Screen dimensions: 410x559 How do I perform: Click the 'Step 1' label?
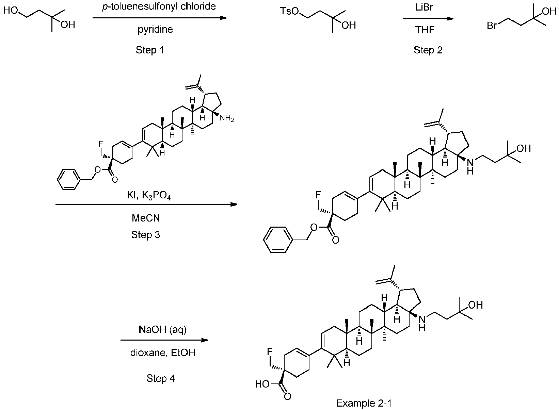pyautogui.click(x=150, y=50)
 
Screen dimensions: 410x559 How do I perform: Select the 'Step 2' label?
pyautogui.click(x=428, y=50)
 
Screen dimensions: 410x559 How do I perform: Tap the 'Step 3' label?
pyautogui.click(x=145, y=235)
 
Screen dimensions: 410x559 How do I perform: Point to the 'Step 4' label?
pyautogui.click(x=161, y=378)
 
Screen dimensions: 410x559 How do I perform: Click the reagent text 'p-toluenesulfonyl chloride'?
pyautogui.click(x=159, y=7)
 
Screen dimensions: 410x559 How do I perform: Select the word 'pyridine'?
pyautogui.click(x=155, y=30)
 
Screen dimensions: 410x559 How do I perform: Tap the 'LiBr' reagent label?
pyautogui.click(x=425, y=7)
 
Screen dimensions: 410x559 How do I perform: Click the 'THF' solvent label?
pyautogui.click(x=425, y=30)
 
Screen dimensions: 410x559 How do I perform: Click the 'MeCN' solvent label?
pyautogui.click(x=146, y=218)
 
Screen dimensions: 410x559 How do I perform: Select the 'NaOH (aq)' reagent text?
pyautogui.click(x=163, y=330)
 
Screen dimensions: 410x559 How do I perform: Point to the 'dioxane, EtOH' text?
pyautogui.click(x=163, y=353)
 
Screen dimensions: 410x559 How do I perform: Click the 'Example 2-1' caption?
pyautogui.click(x=364, y=404)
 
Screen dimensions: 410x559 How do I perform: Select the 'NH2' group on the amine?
pyautogui.click(x=227, y=119)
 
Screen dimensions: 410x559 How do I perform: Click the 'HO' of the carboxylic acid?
pyautogui.click(x=262, y=384)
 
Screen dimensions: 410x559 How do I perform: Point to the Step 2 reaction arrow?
pyautogui.click(x=428, y=19)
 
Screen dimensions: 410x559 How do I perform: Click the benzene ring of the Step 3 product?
pyautogui.click(x=277, y=240)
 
